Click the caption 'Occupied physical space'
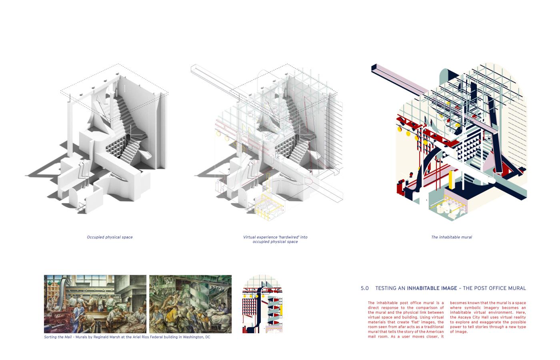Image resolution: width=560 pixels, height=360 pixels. pos(110,237)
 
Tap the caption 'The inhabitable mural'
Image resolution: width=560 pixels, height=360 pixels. pos(452,237)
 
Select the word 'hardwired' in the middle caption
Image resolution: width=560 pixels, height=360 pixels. pos(290,237)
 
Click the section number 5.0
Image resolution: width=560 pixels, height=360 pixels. pos(364,288)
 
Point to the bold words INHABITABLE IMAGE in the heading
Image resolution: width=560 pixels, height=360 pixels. pos(432,288)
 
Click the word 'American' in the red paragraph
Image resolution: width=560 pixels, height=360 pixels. pos(435,332)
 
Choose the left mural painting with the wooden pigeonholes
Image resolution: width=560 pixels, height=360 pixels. pos(95,304)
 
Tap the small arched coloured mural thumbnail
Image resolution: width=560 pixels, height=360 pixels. pos(262,304)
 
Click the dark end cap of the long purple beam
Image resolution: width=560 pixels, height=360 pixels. pos(374,68)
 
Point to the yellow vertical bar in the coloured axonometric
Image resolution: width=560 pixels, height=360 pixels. pos(451,180)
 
